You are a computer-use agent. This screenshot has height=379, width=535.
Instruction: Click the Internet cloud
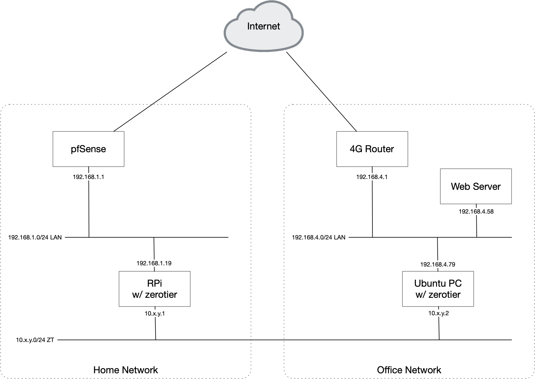pyautogui.click(x=263, y=27)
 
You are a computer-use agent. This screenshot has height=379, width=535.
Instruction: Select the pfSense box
pyautogui.click(x=88, y=149)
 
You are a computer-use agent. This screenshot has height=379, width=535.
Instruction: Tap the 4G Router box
pyautogui.click(x=372, y=149)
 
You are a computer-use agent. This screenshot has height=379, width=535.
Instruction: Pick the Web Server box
pyautogui.click(x=476, y=186)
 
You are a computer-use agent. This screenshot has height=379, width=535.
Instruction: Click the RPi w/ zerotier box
pyautogui.click(x=154, y=289)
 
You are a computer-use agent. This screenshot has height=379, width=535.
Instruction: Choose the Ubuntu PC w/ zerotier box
pyautogui.click(x=438, y=289)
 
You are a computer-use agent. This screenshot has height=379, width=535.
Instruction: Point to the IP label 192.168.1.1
pyautogui.click(x=88, y=177)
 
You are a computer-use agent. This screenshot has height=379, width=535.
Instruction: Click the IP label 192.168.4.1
pyautogui.click(x=372, y=177)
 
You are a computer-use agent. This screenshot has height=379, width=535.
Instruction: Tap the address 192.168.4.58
pyautogui.click(x=476, y=211)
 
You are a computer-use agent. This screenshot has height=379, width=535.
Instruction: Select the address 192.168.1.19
pyautogui.click(x=154, y=263)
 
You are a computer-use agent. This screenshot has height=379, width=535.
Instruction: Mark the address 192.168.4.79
pyautogui.click(x=438, y=264)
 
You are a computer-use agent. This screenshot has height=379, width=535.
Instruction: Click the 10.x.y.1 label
pyautogui.click(x=155, y=313)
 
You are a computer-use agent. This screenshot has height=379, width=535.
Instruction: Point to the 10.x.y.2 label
pyautogui.click(x=439, y=313)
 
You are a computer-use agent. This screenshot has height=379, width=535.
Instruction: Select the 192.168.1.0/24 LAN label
pyautogui.click(x=35, y=237)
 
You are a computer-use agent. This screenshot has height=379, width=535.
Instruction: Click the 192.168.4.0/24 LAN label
pyautogui.click(x=319, y=237)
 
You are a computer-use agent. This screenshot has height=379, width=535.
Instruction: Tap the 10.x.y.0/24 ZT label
pyautogui.click(x=35, y=340)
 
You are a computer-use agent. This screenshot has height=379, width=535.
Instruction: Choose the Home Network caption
pyautogui.click(x=126, y=370)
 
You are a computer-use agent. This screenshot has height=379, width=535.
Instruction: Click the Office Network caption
pyautogui.click(x=409, y=370)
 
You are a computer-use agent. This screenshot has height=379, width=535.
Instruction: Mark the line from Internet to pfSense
pyautogui.click(x=170, y=92)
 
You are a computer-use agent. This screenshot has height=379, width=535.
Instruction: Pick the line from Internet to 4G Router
pyautogui.click(x=322, y=92)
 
